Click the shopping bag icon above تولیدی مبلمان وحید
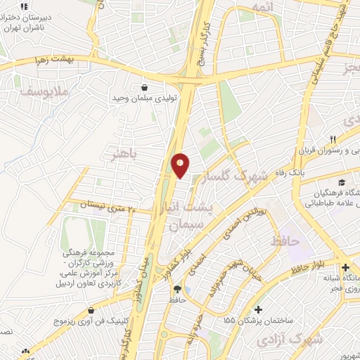144,87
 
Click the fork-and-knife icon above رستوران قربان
334,139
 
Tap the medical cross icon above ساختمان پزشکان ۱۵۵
259,309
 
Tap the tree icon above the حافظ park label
176,289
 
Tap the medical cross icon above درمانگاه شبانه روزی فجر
345,268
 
